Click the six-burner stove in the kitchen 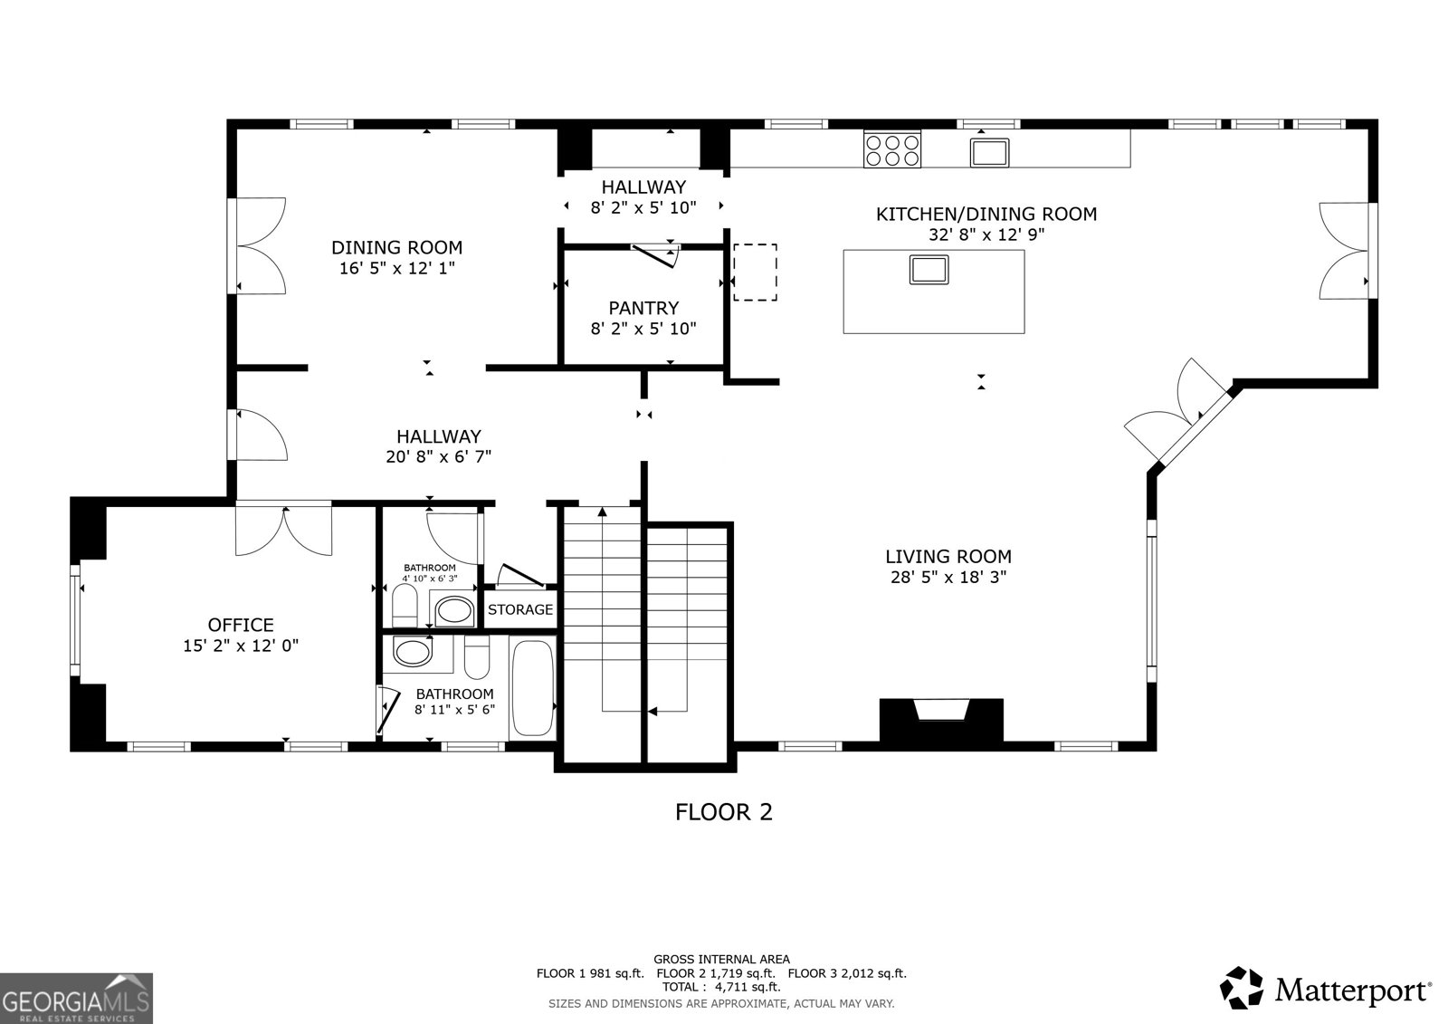[892, 149]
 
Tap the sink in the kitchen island [929, 270]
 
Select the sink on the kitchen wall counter [989, 153]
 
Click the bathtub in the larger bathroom [533, 688]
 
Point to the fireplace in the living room [941, 720]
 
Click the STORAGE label [520, 609]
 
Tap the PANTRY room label [643, 308]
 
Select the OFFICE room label [241, 625]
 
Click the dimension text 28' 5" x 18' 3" [948, 577]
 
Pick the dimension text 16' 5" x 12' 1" [397, 268]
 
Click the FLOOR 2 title [724, 812]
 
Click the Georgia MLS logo [76, 999]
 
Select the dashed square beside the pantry [755, 273]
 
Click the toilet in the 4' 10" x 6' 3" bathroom [405, 606]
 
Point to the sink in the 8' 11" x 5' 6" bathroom [413, 651]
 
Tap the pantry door [655, 254]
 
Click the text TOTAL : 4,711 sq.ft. [720, 987]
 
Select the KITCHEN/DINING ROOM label [986, 214]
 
